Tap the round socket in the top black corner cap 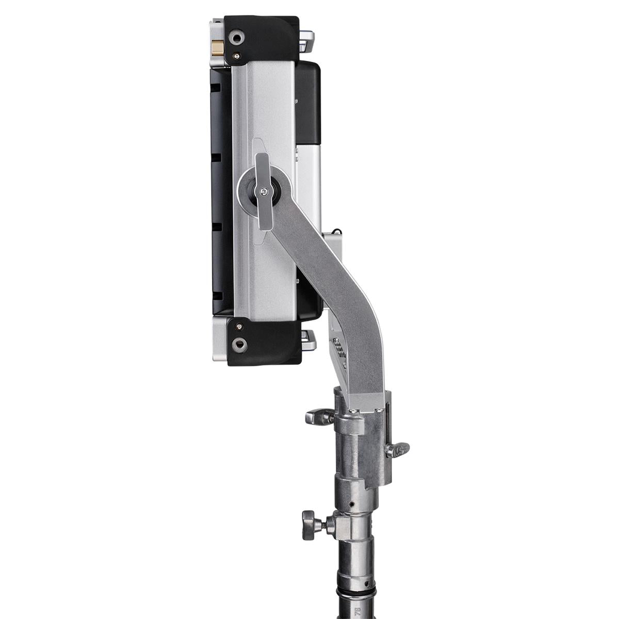[238, 38]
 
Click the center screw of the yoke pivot [264, 191]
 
